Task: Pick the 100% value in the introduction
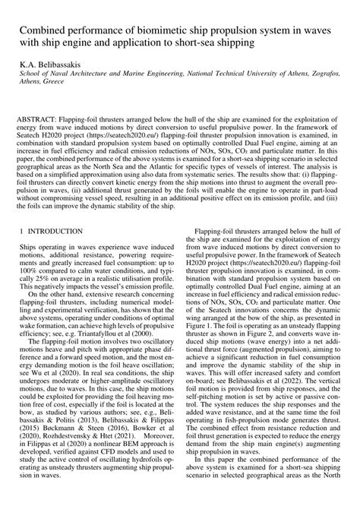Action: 32,269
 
